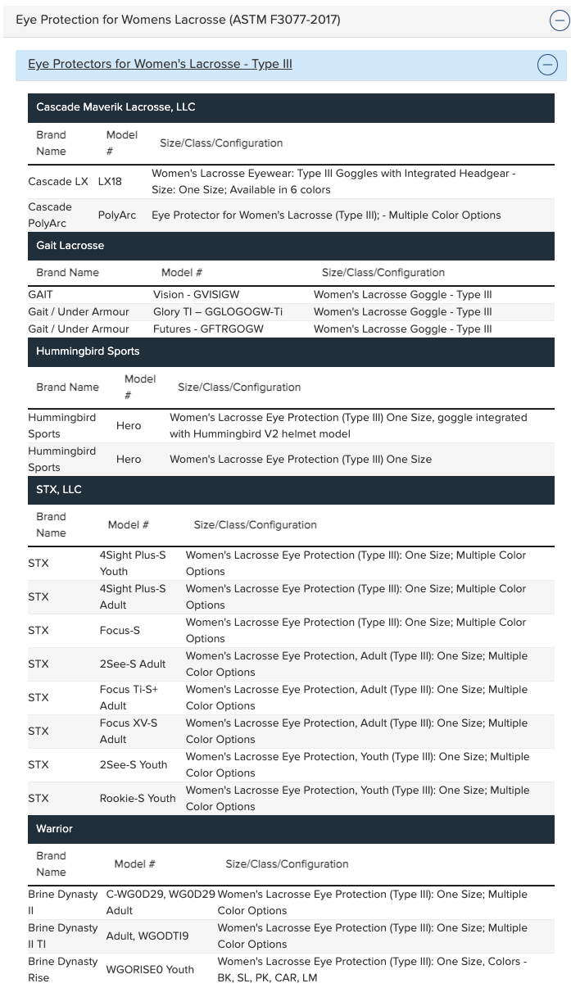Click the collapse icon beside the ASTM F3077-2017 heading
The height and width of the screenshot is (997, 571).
(559, 21)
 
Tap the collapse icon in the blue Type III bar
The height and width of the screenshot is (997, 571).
(546, 65)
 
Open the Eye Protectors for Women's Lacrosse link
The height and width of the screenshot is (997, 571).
(160, 64)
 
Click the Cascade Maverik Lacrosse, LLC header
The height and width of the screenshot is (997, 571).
(116, 107)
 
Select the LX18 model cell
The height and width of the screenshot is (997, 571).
(110, 182)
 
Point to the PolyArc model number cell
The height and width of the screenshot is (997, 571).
(117, 215)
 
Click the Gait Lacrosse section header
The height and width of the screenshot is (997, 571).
(70, 246)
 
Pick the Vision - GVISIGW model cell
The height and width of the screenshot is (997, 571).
(196, 295)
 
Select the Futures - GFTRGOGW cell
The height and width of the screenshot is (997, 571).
(208, 329)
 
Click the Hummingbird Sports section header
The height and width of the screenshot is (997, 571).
(88, 351)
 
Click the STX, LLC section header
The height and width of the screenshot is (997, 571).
(59, 490)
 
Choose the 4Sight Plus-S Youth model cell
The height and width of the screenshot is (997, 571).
(133, 564)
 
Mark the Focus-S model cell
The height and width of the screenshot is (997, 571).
(120, 631)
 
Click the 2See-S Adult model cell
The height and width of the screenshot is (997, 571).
(133, 664)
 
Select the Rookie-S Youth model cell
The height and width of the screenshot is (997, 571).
(138, 799)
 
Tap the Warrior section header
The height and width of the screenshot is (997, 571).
(54, 829)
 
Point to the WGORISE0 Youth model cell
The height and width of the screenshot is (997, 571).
(150, 970)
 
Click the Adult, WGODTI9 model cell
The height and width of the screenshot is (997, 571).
(147, 936)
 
